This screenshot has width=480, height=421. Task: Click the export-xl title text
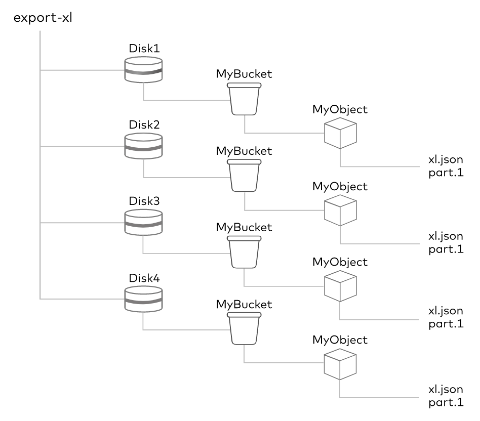pos(43,18)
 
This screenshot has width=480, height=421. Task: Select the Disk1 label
pos(144,48)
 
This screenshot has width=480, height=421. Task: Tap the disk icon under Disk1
pos(143,70)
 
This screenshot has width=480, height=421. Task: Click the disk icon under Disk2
pos(143,146)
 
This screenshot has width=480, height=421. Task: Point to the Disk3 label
pos(144,201)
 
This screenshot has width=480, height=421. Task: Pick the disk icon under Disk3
pos(143,223)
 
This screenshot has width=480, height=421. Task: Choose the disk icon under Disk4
pos(143,299)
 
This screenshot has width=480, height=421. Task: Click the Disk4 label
pos(144,278)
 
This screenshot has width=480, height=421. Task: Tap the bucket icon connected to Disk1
pos(244,99)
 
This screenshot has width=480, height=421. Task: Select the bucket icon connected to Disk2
pos(244,176)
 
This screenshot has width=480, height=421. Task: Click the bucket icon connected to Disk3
pos(244,252)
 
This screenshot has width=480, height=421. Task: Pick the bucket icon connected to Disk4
pos(244,328)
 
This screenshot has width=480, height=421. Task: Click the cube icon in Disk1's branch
pos(340,133)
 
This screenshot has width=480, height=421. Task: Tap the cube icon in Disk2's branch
pos(340,210)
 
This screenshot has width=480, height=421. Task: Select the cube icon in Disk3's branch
pos(340,286)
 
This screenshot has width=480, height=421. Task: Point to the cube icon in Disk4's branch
pos(340,364)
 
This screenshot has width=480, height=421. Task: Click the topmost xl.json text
pos(446,160)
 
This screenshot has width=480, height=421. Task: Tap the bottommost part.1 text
pos(446,402)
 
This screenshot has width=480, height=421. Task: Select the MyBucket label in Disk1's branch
pos(244,74)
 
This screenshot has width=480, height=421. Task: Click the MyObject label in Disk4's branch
pos(340,340)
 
